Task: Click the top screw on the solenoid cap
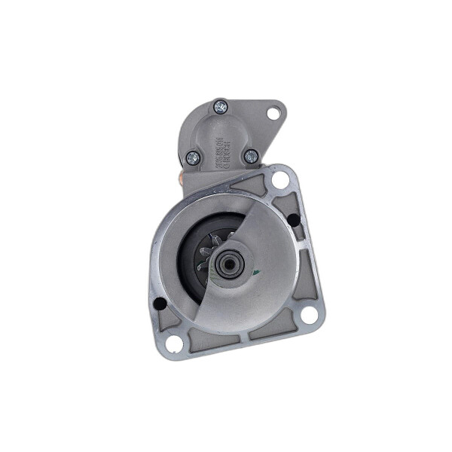(x=221, y=108)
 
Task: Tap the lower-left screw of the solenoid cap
(x=193, y=158)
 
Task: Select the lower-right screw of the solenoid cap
(x=251, y=156)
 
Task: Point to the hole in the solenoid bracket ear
(x=273, y=113)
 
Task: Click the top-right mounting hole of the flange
(x=280, y=180)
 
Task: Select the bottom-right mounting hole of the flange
(x=309, y=314)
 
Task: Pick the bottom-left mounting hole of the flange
(x=174, y=344)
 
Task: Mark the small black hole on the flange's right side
(x=293, y=220)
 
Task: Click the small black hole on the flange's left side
(x=160, y=304)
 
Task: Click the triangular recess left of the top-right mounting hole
(x=251, y=182)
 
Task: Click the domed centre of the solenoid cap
(x=218, y=136)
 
